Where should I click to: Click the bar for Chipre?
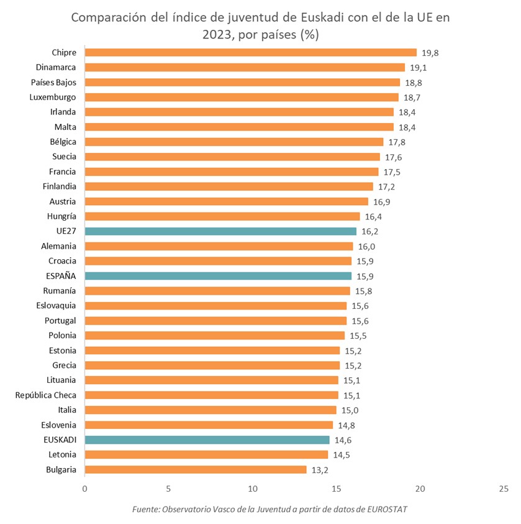[250, 52]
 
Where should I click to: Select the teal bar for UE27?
[220, 231]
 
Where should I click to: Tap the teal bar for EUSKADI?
[207, 440]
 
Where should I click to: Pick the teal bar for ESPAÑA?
[218, 276]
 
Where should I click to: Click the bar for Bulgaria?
[195, 470]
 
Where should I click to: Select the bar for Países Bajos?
[242, 82]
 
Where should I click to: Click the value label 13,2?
[320, 470]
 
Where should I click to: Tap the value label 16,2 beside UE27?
[371, 231]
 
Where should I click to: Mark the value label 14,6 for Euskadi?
[344, 440]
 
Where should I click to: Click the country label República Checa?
[45, 395]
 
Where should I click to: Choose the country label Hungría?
[61, 216]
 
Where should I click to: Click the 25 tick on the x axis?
[504, 489]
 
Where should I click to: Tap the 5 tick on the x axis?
[168, 489]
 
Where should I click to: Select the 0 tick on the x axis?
[84, 489]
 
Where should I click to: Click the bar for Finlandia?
[229, 186]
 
